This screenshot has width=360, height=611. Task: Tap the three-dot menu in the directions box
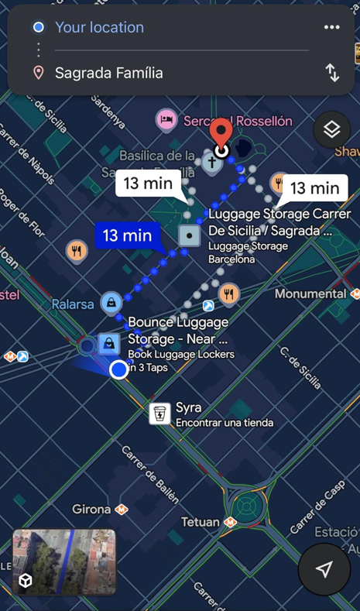tap(332, 27)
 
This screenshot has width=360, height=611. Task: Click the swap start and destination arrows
tap(332, 73)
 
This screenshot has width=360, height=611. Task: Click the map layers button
tap(331, 129)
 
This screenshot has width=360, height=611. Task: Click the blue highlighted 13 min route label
tap(127, 235)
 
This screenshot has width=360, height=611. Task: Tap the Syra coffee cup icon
tap(159, 414)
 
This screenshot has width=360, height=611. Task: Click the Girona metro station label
tap(92, 510)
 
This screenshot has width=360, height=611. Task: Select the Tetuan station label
tap(201, 522)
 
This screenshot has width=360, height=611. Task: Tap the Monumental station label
tap(310, 293)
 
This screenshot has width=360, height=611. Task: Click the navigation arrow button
tap(324, 569)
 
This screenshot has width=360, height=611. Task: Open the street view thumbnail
tap(64, 561)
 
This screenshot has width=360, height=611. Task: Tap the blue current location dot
tap(118, 369)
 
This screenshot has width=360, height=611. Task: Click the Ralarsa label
tap(73, 304)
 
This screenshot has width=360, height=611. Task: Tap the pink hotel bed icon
tap(166, 120)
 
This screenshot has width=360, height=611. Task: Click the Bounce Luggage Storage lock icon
tap(108, 343)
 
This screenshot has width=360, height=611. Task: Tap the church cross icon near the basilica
tap(211, 163)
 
